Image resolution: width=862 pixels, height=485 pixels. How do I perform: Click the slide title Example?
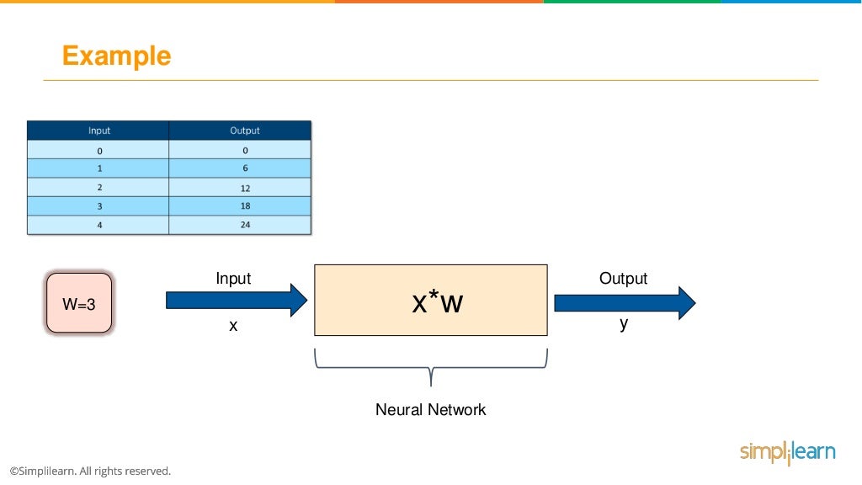point(116,56)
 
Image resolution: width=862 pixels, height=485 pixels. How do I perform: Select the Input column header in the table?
point(99,131)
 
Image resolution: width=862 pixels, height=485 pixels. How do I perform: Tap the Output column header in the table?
point(245,131)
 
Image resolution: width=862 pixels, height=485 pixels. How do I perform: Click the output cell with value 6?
point(245,168)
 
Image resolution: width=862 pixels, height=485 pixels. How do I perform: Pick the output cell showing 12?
point(245,188)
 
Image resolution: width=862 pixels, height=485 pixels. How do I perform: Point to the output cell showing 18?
point(245,206)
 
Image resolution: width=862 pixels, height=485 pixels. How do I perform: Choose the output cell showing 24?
point(245,225)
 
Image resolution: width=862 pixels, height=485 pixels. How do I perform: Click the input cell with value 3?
point(99,206)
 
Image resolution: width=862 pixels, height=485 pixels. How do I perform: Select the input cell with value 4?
point(99,225)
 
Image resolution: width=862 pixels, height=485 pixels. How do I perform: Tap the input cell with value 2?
point(99,188)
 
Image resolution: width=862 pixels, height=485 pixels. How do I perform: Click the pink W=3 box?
point(79,303)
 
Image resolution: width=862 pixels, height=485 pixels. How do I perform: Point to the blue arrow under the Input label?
point(237,301)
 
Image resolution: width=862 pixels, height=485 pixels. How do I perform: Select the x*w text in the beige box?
point(437,301)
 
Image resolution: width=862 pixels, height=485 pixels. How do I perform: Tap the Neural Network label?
point(430,410)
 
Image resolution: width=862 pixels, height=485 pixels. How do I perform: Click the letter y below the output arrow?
point(624,324)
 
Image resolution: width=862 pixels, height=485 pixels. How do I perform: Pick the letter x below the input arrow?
point(233,325)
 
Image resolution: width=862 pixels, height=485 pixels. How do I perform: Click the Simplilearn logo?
point(787,452)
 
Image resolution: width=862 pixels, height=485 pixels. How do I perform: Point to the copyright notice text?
point(90,471)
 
